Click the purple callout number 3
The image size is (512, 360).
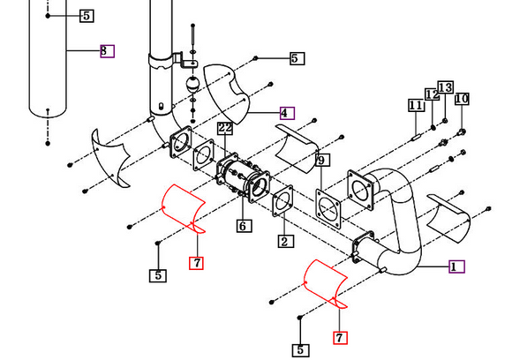click(x=106, y=50)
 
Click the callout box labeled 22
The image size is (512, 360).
click(x=225, y=128)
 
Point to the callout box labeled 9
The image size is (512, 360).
click(x=322, y=160)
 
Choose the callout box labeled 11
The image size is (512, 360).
click(x=416, y=105)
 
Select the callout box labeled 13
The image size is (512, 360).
click(x=445, y=87)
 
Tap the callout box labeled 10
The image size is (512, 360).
click(x=462, y=99)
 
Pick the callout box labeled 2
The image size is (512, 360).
click(x=283, y=241)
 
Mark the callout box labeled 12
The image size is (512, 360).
click(x=432, y=94)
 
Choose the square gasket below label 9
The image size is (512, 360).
click(x=328, y=208)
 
